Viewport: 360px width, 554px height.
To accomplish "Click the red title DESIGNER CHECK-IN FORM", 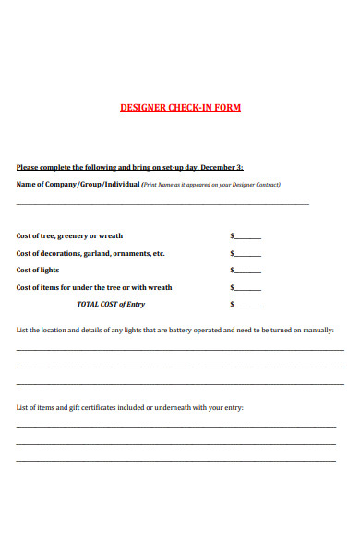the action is click(x=180, y=108).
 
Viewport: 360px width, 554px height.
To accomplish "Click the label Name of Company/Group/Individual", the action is click(x=78, y=184).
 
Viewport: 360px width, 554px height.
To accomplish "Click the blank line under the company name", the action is click(x=162, y=204).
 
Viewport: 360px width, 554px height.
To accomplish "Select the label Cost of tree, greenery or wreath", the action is click(x=69, y=236).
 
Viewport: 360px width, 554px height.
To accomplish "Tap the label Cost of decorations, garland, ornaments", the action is click(x=90, y=253).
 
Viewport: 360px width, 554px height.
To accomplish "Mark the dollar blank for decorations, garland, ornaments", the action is click(x=247, y=255).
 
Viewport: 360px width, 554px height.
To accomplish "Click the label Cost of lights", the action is click(x=38, y=271).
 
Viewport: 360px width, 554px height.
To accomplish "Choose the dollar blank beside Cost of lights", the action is click(x=247, y=272).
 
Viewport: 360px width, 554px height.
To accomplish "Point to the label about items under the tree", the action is click(x=94, y=287).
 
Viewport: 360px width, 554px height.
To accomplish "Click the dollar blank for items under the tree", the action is click(x=247, y=289).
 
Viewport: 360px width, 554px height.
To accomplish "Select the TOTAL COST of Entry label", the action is click(x=110, y=304).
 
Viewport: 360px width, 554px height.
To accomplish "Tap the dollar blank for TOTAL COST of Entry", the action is click(x=247, y=306).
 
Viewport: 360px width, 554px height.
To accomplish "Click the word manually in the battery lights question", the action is click(x=317, y=330).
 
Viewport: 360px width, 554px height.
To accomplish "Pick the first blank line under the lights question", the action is click(x=180, y=350).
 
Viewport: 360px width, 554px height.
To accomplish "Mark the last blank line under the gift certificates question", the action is click(x=176, y=460).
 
